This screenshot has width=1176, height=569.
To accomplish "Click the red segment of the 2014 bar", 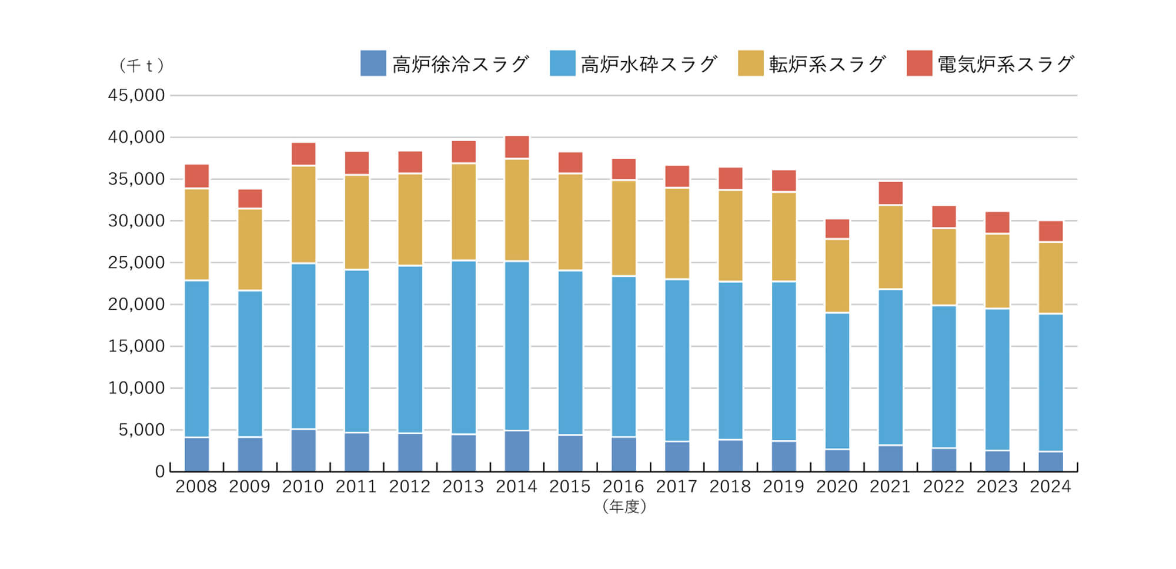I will tap(517, 147).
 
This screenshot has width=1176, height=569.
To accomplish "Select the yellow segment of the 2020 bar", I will tap(837, 276).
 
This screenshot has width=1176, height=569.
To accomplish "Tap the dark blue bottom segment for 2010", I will tap(303, 450).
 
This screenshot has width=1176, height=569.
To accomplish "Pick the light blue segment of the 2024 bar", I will tap(1050, 383).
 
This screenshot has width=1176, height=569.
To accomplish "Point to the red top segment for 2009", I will tap(250, 199).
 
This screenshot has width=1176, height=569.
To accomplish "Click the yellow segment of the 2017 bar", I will tap(677, 233).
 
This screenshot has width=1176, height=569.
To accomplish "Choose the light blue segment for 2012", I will tap(410, 349).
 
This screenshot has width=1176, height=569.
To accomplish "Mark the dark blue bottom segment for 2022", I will tap(944, 460).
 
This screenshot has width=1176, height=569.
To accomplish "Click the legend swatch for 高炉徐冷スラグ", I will tap(373, 63).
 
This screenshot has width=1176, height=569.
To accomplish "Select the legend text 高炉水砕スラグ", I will tap(649, 64).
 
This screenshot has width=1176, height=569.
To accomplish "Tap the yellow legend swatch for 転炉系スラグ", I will tap(750, 63).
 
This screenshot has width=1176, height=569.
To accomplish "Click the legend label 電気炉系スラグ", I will tap(1005, 64).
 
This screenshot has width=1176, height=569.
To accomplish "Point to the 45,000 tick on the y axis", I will tap(136, 95).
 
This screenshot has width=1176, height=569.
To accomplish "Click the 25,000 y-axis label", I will tap(136, 263).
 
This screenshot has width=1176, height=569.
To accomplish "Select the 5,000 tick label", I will tap(141, 430).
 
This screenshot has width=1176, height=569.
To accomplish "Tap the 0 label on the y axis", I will tap(159, 471).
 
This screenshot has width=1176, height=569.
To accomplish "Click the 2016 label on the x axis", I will tap(623, 487).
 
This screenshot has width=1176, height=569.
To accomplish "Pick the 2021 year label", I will tap(890, 487).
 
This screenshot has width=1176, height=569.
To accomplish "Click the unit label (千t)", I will tap(141, 65).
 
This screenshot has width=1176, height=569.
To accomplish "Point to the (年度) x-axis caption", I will tap(624, 506).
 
